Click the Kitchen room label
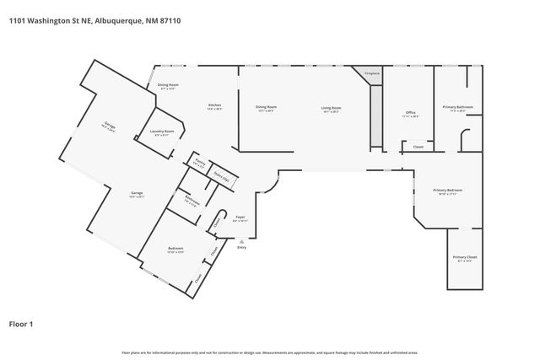[x=215, y=105]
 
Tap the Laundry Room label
[x=162, y=131]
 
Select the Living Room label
[x=330, y=107]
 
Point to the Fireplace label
[x=371, y=74]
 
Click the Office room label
[x=411, y=112]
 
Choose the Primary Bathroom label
[x=458, y=107]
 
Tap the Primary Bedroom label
[x=448, y=191]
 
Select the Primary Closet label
[x=465, y=256]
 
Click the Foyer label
[x=240, y=217]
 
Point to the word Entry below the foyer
[x=242, y=247]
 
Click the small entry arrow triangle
[x=242, y=240]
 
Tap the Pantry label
[x=200, y=161]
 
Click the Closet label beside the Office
[x=418, y=147]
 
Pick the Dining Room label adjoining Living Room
[x=266, y=107]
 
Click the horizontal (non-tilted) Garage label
[x=137, y=193]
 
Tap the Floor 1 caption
[x=22, y=323]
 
